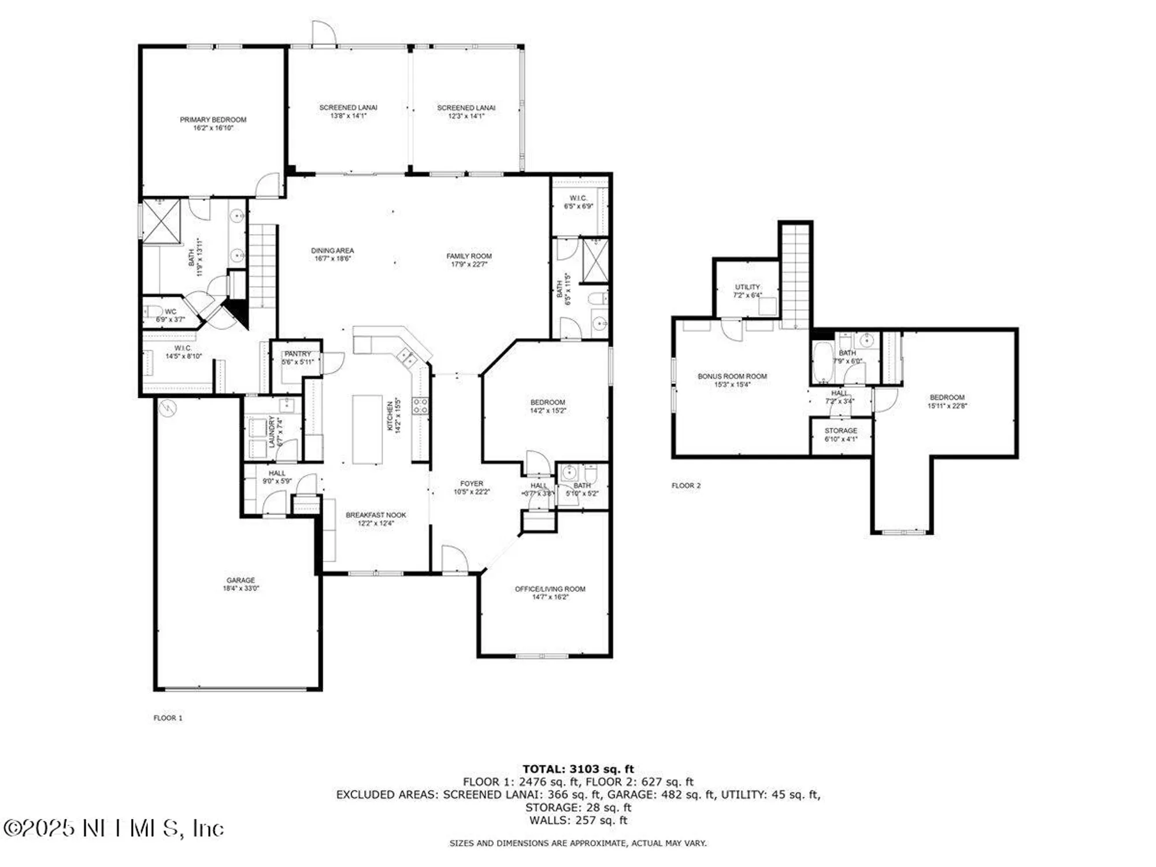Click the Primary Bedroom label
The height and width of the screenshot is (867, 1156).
tap(213, 120)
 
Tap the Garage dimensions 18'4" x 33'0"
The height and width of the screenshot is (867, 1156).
tap(240, 588)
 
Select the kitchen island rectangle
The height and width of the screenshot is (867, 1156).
tap(367, 429)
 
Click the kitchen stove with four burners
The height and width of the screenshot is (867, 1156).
tap(420, 406)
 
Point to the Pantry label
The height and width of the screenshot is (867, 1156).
tap(298, 354)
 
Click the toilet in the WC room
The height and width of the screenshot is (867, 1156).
tap(153, 312)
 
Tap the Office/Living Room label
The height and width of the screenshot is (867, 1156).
tap(550, 589)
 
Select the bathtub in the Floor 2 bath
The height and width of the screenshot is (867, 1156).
tap(822, 362)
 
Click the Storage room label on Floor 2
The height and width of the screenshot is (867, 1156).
tap(840, 431)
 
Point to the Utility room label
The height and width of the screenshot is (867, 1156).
tap(747, 287)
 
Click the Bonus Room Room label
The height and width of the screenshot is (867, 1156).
tap(732, 376)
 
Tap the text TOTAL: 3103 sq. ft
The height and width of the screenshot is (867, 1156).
tap(578, 769)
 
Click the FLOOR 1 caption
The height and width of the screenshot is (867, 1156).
tap(168, 718)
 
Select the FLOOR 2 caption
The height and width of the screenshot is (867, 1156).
tap(686, 486)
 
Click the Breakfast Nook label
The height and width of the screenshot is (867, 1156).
tap(376, 515)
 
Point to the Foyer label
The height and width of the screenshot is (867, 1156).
tap(472, 484)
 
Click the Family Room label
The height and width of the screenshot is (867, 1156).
tap(469, 256)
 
